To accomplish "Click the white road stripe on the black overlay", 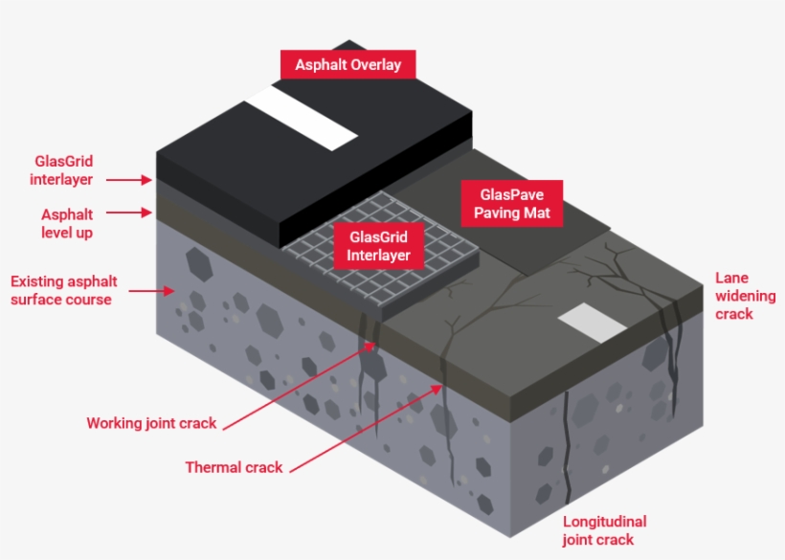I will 302,119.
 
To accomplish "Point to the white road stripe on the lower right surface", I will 591,322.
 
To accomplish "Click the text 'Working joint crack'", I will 151,423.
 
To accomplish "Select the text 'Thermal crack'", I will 234,467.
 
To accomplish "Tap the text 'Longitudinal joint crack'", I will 604,530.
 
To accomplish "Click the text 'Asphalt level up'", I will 67,223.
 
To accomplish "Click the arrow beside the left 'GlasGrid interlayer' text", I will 128,179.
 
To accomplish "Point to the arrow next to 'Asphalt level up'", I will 128,213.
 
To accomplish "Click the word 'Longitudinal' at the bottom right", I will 604,522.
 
